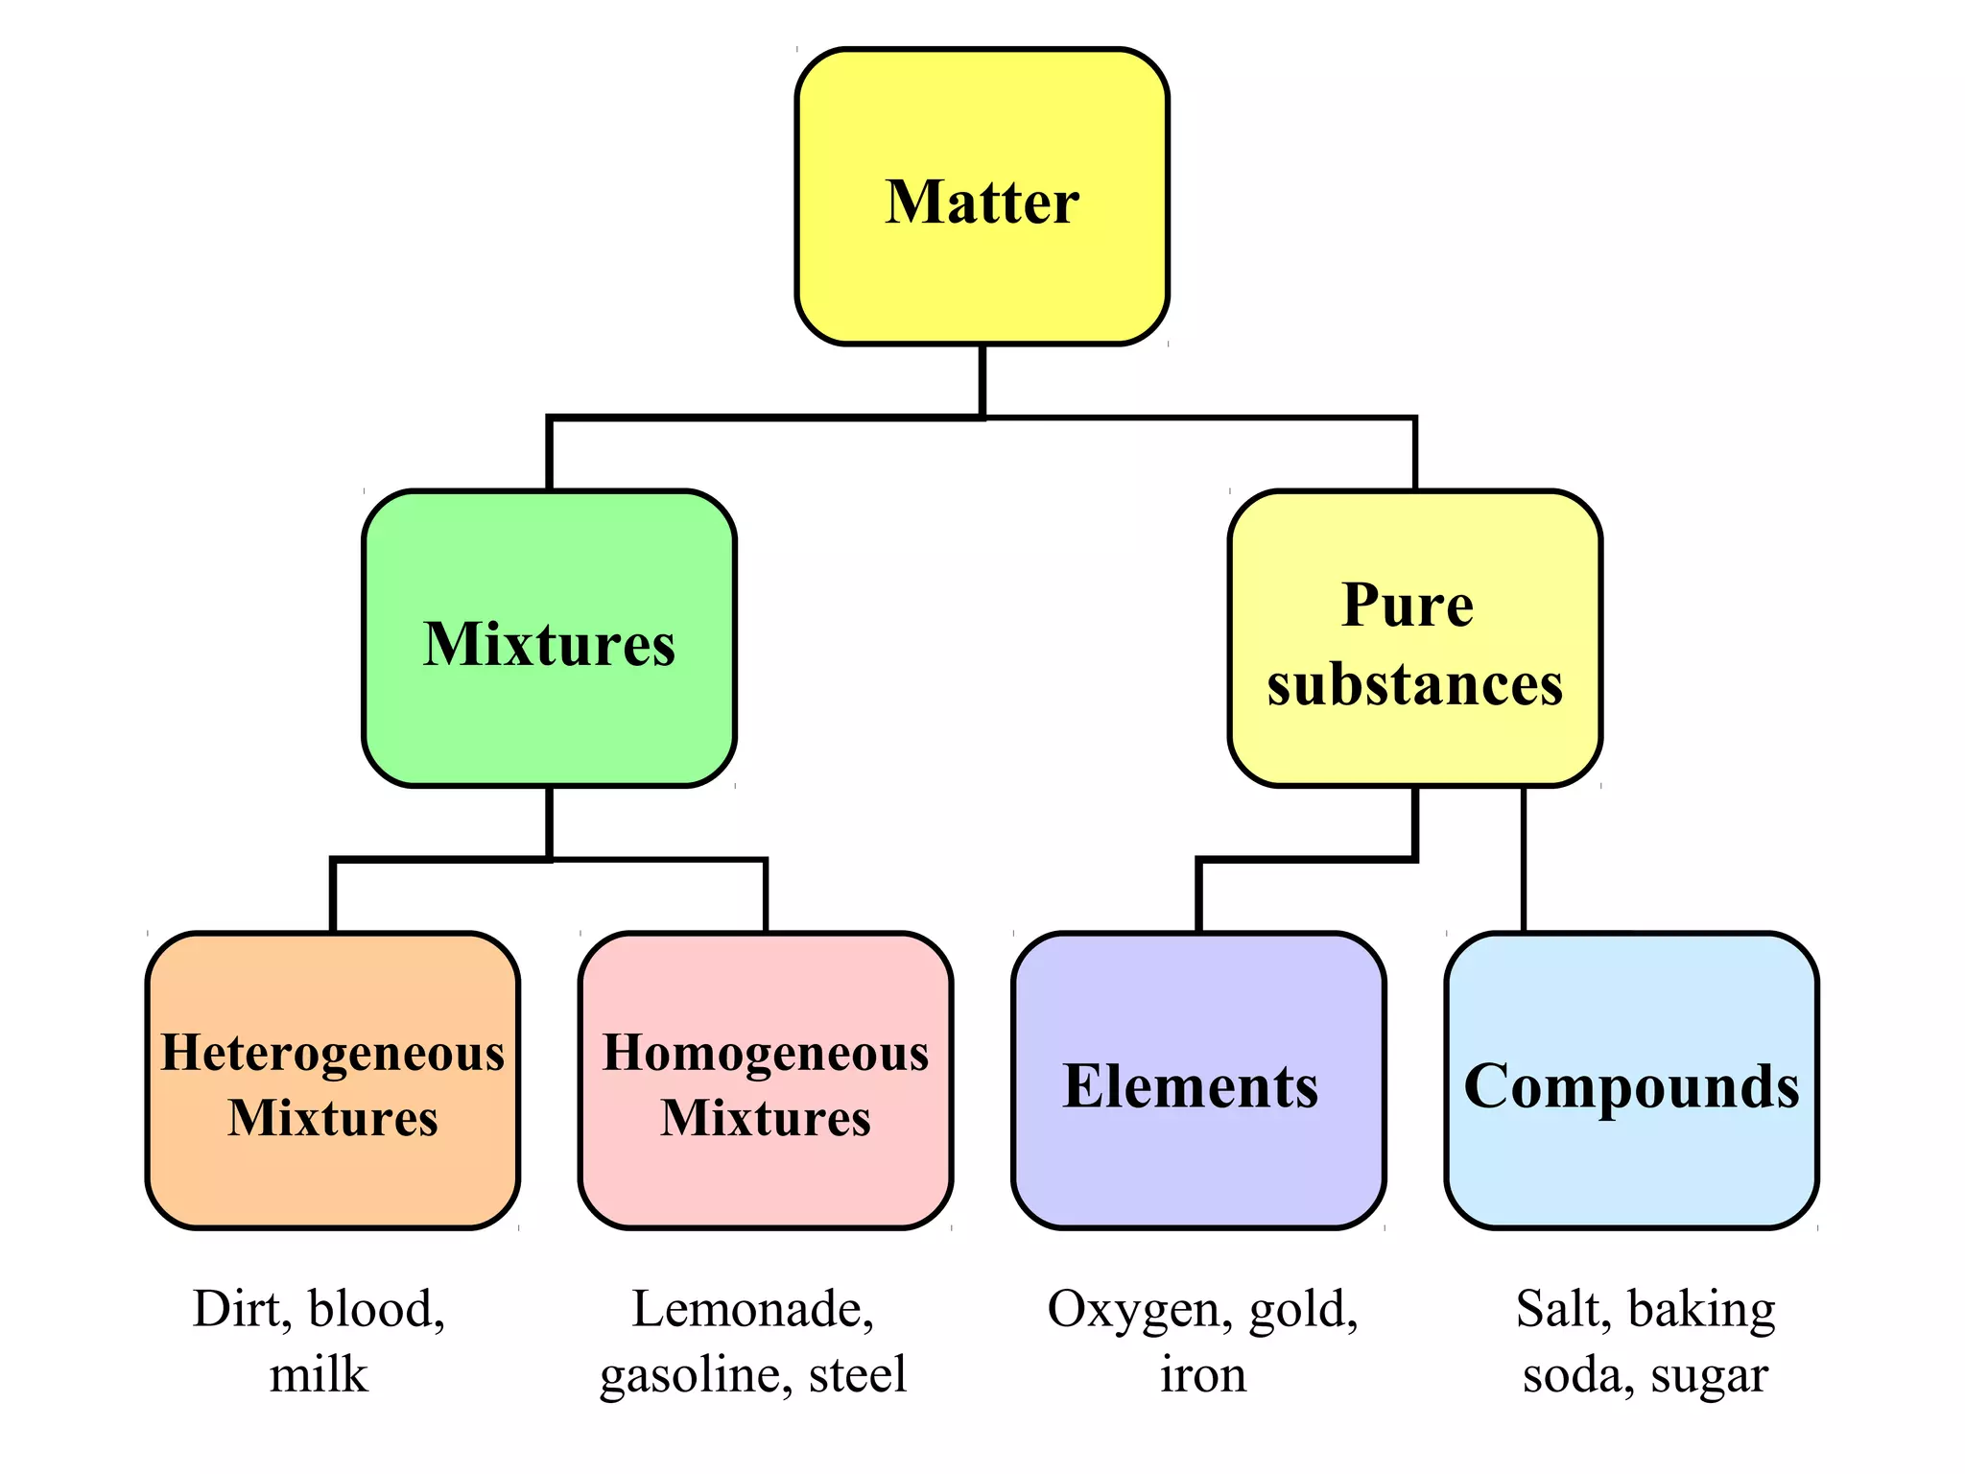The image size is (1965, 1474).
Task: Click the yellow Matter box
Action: click(982, 197)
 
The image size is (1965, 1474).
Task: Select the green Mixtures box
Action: click(549, 639)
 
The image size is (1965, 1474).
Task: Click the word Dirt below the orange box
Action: click(240, 1309)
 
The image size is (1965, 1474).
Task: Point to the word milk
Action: click(319, 1374)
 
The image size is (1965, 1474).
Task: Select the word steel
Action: click(857, 1374)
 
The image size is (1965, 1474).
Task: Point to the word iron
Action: click(1203, 1374)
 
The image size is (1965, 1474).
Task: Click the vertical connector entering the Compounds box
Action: click(1524, 859)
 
